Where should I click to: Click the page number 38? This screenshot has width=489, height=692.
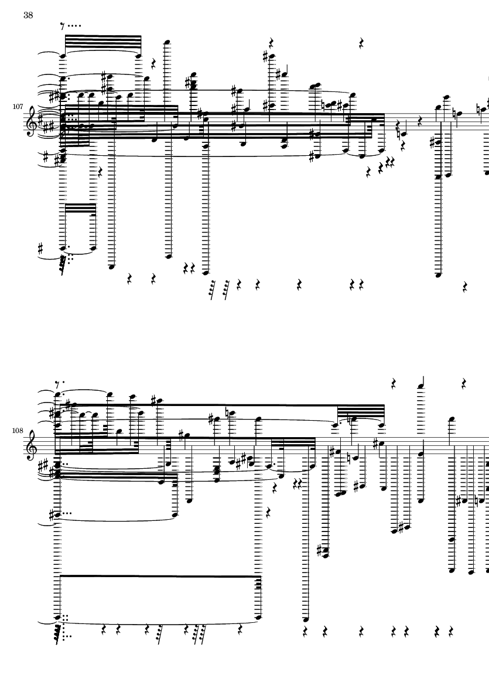pyautogui.click(x=28, y=16)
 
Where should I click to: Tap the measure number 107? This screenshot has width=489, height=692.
pyautogui.click(x=17, y=107)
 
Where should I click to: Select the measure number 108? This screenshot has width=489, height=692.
pyautogui.click(x=17, y=431)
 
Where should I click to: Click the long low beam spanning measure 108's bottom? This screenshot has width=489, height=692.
pyautogui.click(x=159, y=577)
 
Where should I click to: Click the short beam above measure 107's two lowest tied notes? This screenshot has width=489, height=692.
pyautogui.click(x=78, y=204)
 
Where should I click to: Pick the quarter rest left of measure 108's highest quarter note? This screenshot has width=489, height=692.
pyautogui.click(x=394, y=384)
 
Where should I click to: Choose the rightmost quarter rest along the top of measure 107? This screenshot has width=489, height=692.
pyautogui.click(x=361, y=43)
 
